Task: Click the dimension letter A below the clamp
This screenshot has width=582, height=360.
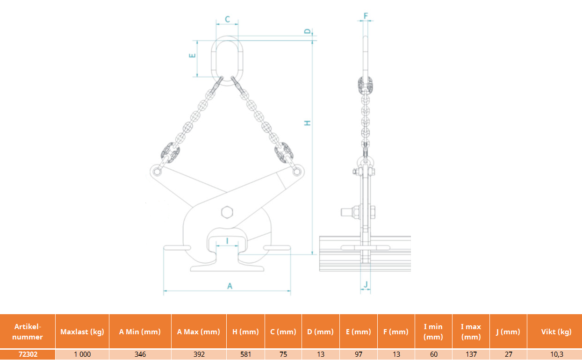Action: coord(230,286)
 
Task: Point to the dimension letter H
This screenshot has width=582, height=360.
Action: coord(308,123)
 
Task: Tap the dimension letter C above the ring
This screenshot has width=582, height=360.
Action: coord(227,19)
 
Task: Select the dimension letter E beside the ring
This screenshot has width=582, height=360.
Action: coord(192,55)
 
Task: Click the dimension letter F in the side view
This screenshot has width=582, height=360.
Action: coord(366,16)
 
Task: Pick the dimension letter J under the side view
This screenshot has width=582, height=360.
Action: coord(366,285)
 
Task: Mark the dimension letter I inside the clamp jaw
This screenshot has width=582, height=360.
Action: coord(227,241)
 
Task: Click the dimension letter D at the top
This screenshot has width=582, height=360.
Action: coord(308,31)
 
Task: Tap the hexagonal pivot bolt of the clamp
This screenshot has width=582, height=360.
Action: coord(227,212)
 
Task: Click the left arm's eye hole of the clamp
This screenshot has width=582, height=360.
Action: coord(157,172)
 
